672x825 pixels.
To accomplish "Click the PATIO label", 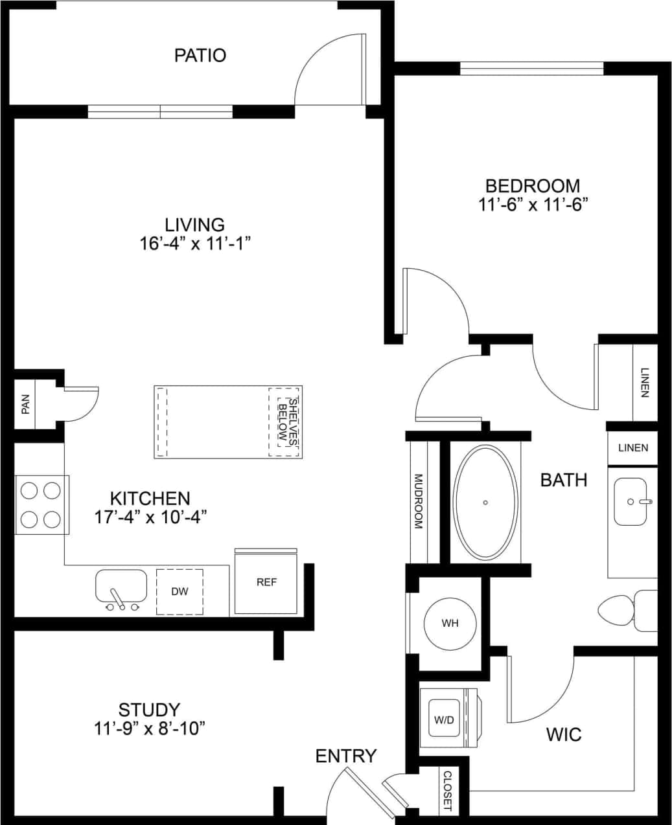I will pos(200,55).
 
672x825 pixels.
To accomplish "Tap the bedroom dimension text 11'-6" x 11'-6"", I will pos(533,205).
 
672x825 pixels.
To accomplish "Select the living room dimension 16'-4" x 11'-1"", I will pos(195,243).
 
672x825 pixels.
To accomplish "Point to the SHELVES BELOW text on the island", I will pos(286,422).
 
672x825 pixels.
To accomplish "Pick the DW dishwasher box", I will pos(180,591).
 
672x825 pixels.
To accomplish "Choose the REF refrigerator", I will pos(266,582).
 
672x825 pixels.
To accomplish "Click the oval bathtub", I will pos(485,502).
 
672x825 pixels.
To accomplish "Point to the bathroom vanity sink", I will pos(630,501).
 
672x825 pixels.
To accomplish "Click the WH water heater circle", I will pos(450,623).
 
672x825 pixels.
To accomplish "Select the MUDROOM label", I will pos(419,502).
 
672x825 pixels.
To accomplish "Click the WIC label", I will pos(563,734).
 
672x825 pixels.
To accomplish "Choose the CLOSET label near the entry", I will pos(447,791).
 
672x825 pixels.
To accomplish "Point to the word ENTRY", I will pos(346,756).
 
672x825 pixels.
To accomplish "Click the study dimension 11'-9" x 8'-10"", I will pos(149,729).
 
